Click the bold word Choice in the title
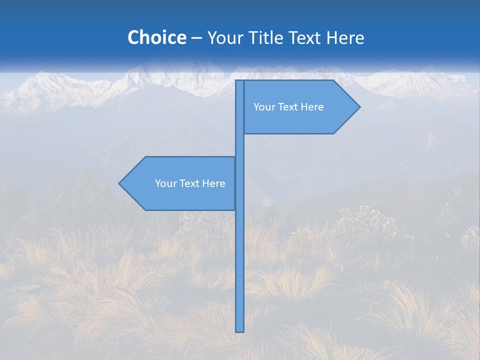(x=156, y=38)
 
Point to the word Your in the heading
(x=224, y=38)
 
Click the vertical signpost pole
(x=239, y=250)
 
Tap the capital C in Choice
(x=133, y=38)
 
